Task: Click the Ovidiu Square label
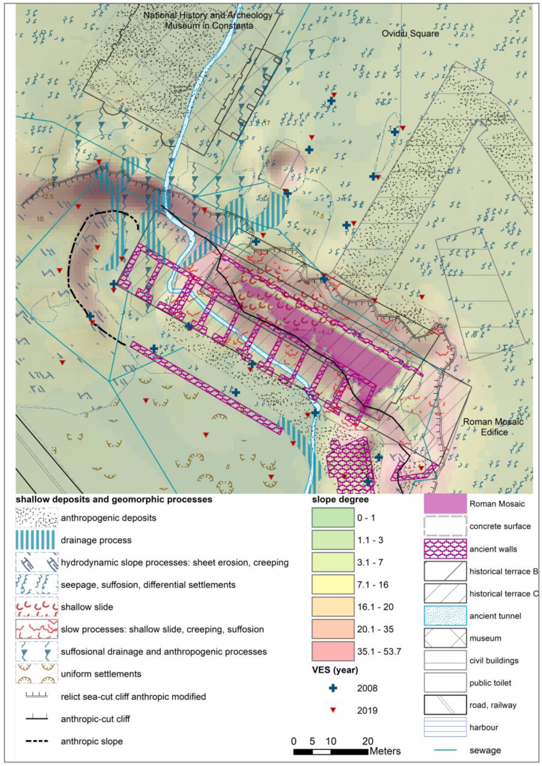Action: click(410, 34)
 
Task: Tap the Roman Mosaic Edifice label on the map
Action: click(493, 427)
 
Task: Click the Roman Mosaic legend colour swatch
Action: click(445, 504)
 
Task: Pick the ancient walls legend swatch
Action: click(445, 549)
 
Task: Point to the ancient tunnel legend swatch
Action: click(445, 616)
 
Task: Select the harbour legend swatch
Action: click(445, 727)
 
